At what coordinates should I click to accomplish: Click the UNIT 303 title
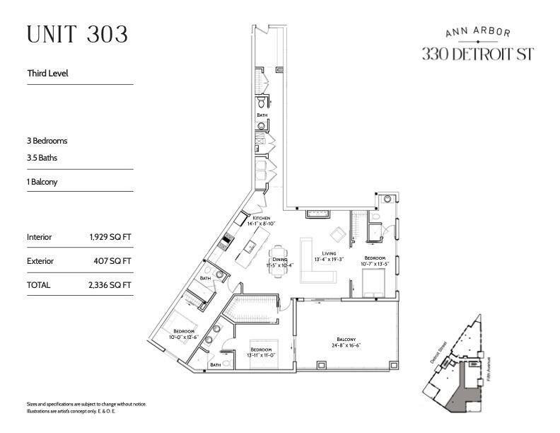pyautogui.click(x=77, y=35)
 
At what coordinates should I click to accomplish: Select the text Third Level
pyautogui.click(x=47, y=73)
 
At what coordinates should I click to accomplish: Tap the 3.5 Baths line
pyautogui.click(x=42, y=158)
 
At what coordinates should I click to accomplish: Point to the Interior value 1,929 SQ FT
pyautogui.click(x=107, y=237)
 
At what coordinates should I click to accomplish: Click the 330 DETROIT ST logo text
pyautogui.click(x=477, y=54)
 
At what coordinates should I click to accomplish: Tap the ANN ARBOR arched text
pyautogui.click(x=477, y=32)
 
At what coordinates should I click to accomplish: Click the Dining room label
pyautogui.click(x=279, y=262)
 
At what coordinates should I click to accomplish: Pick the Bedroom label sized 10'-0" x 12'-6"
pyautogui.click(x=184, y=334)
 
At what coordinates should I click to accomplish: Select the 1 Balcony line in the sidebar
pyautogui.click(x=42, y=182)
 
